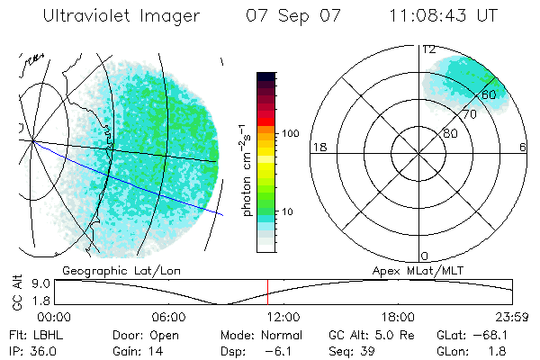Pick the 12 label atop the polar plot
point(429,50)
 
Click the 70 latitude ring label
point(469,114)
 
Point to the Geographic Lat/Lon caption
point(109,269)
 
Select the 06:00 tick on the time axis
point(168,317)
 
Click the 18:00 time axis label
point(398,317)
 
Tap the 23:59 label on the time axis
point(513,317)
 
